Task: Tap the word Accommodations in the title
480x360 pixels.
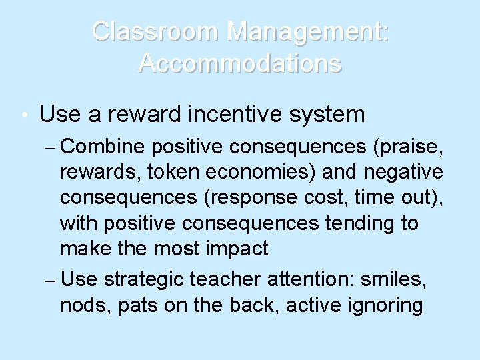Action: (240, 63)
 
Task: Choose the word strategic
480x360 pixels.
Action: (144, 280)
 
